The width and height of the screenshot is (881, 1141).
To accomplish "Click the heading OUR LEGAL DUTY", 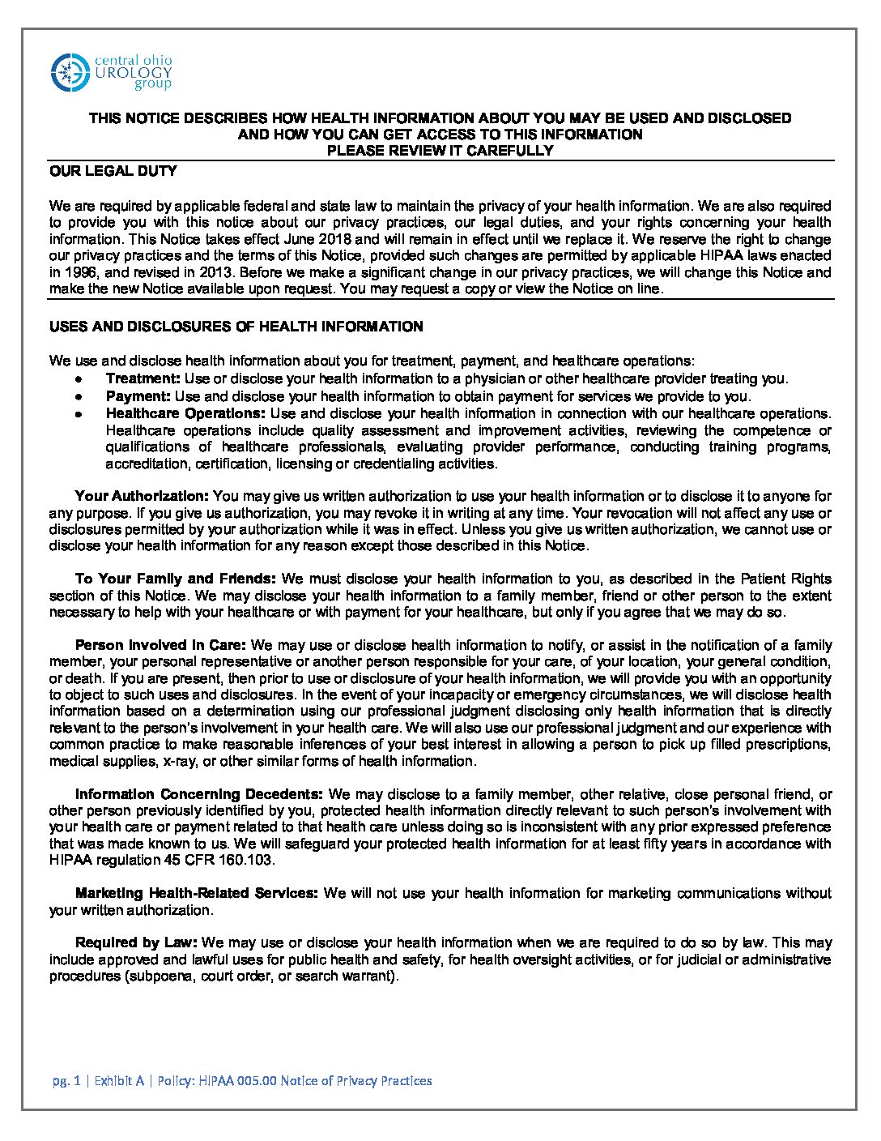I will pyautogui.click(x=113, y=171).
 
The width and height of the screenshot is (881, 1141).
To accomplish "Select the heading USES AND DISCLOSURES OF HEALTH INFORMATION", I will pyautogui.click(x=236, y=327).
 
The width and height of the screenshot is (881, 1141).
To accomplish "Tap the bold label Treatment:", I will pyautogui.click(x=143, y=378).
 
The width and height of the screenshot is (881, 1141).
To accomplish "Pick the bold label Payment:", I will pyautogui.click(x=138, y=396).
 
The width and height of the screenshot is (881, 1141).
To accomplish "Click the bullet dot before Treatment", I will pyautogui.click(x=77, y=379).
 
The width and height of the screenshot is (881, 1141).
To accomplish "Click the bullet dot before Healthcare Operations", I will pyautogui.click(x=77, y=414).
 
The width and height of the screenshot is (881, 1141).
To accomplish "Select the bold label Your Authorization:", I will pyautogui.click(x=143, y=496).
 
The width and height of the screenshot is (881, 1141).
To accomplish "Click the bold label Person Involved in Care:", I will pyautogui.click(x=160, y=645).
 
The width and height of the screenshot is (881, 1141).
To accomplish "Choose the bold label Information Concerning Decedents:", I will pyautogui.click(x=199, y=794).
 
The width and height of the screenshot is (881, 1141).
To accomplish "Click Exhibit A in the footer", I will pyautogui.click(x=119, y=1080).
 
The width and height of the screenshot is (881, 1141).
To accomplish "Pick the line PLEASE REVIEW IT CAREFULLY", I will pyautogui.click(x=440, y=150).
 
